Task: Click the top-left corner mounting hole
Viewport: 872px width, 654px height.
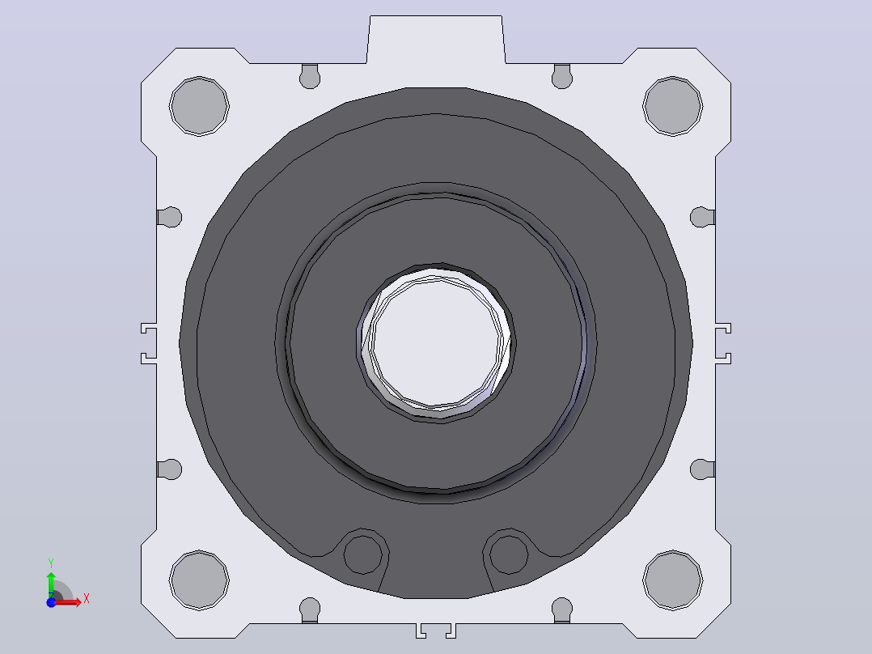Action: point(199,106)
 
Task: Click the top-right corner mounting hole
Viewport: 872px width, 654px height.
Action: point(672,106)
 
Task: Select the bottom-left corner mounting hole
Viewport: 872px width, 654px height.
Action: point(199,580)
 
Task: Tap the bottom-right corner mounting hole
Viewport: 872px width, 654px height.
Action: point(672,580)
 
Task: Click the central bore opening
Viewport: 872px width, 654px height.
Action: point(437,342)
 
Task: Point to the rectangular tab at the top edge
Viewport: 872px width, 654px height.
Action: point(436,40)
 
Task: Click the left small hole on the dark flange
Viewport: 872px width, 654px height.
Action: point(362,555)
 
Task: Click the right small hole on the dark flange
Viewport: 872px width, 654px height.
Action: point(509,555)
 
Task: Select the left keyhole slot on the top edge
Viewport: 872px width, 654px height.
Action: point(310,76)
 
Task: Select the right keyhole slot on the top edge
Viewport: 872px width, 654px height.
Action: point(562,76)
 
